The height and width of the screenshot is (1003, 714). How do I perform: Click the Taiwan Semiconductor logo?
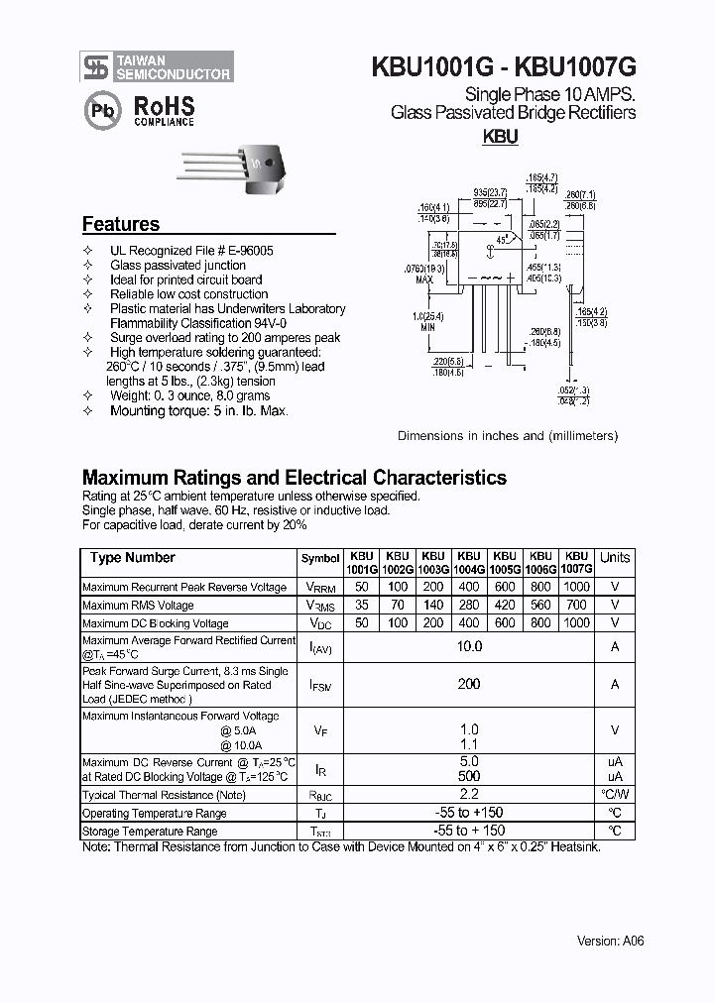pyautogui.click(x=157, y=66)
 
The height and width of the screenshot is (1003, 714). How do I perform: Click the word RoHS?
pyautogui.click(x=164, y=107)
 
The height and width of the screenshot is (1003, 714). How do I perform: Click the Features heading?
pyautogui.click(x=120, y=224)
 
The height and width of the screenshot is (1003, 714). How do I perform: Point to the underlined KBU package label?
pyautogui.click(x=500, y=139)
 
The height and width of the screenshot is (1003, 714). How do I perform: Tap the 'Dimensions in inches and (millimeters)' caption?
pyautogui.click(x=507, y=435)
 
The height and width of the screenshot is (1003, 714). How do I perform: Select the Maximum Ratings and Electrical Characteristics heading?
pyautogui.click(x=294, y=477)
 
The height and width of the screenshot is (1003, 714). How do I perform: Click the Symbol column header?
pyautogui.click(x=319, y=559)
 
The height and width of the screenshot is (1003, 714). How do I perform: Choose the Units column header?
pyautogui.click(x=615, y=558)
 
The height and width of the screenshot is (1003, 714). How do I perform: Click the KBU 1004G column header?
pyautogui.click(x=468, y=563)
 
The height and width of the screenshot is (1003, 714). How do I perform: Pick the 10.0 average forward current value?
pyautogui.click(x=468, y=646)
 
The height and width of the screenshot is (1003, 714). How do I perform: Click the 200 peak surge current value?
pyautogui.click(x=468, y=684)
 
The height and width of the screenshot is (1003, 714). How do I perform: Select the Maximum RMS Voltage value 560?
pyautogui.click(x=540, y=605)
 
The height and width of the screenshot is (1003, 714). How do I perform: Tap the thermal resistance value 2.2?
pyautogui.click(x=468, y=795)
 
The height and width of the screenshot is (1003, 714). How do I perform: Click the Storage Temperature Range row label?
pyautogui.click(x=150, y=832)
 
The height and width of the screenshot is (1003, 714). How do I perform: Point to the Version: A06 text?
pyautogui.click(x=610, y=941)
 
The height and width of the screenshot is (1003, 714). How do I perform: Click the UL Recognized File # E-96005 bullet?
pyautogui.click(x=191, y=251)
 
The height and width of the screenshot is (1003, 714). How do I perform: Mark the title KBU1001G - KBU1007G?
pyautogui.click(x=503, y=67)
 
